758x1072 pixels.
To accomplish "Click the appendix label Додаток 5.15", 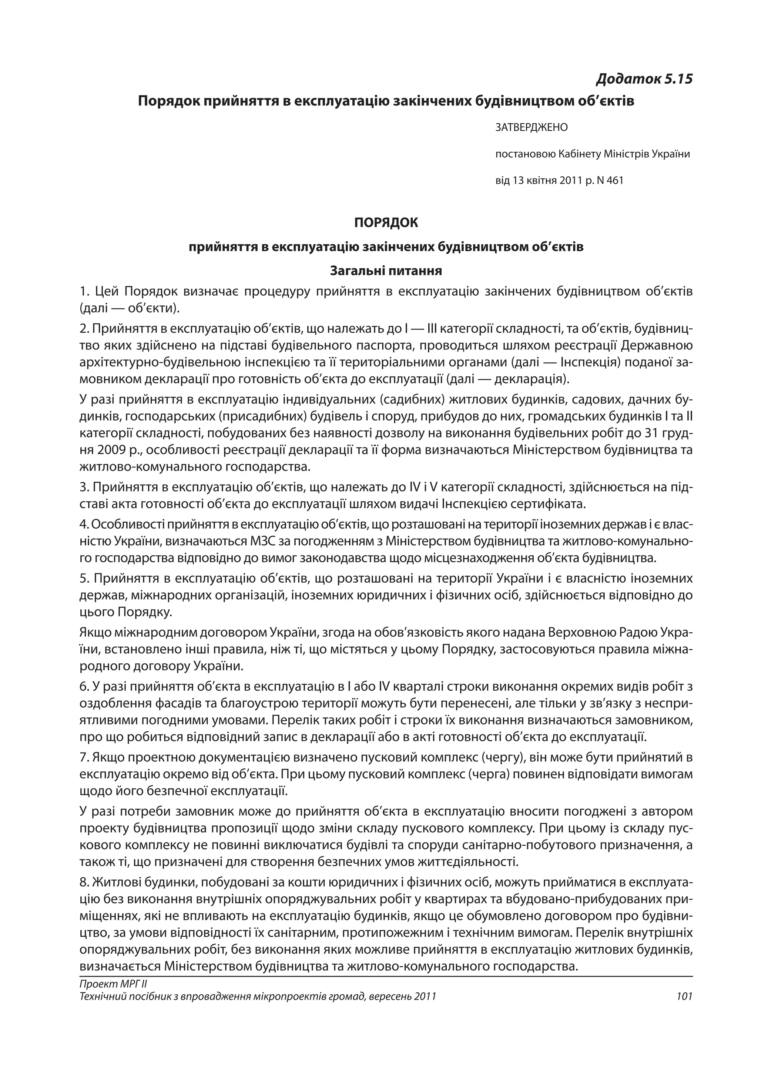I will pyautogui.click(x=644, y=79).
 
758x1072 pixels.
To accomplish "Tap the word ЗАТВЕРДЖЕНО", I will pyautogui.click(x=531, y=127).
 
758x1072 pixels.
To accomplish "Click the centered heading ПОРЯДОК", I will pyautogui.click(x=386, y=223).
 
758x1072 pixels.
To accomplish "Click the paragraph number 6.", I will pyautogui.click(x=83, y=687).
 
